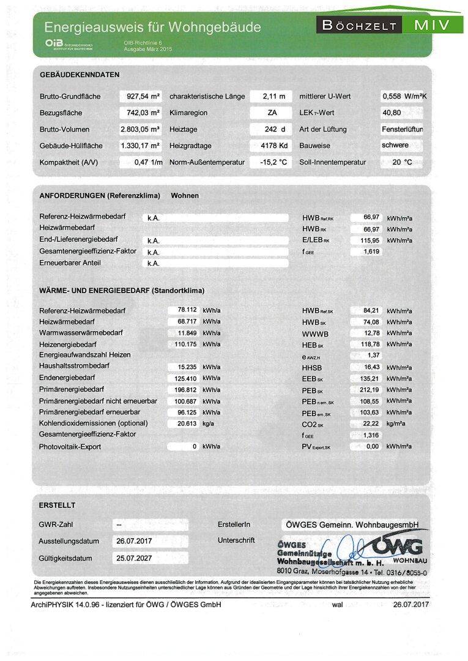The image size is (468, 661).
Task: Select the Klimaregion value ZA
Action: pos(271,113)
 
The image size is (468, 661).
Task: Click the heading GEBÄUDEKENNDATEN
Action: pos(80,75)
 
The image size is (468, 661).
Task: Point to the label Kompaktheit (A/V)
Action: pos(69,162)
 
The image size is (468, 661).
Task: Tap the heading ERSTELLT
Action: pos(57,506)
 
